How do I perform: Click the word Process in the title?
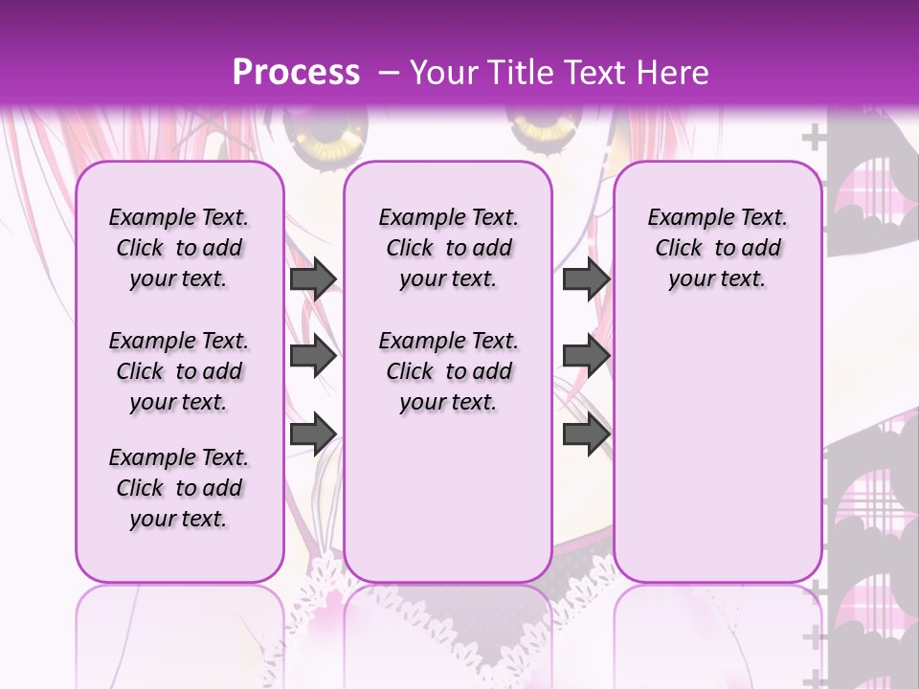296,73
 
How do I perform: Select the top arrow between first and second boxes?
313,278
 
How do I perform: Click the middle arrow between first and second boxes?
313,357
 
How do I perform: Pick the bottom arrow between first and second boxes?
313,434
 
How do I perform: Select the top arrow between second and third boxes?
586,278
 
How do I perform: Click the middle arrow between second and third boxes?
586,357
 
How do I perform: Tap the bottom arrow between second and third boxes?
586,434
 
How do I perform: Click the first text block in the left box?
179,248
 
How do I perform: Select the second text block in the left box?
179,371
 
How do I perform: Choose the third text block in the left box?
179,488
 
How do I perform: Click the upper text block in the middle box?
448,248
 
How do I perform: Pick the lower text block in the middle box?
448,371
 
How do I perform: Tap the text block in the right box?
717,248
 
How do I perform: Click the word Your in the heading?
443,73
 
